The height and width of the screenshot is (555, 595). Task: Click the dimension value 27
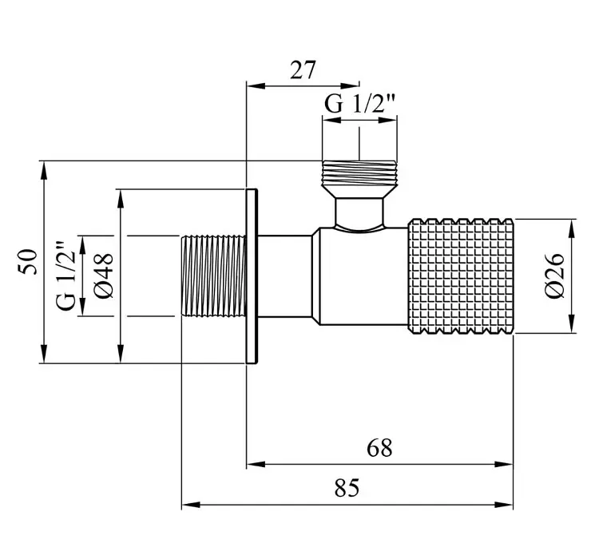tap(303, 70)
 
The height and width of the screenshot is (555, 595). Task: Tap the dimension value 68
tap(379, 448)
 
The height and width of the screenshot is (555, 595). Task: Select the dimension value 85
tap(347, 488)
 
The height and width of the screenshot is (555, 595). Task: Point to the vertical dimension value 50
tap(28, 262)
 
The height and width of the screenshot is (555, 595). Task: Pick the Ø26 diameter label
tap(554, 276)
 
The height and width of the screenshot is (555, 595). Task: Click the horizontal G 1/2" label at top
tap(360, 104)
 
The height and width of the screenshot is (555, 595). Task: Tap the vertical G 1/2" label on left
tap(66, 276)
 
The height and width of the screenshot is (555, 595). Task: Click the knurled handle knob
tap(461, 276)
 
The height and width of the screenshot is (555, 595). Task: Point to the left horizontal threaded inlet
tap(213, 276)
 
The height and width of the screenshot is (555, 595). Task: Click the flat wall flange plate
tap(252, 276)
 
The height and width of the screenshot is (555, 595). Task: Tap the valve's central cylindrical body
tap(363, 276)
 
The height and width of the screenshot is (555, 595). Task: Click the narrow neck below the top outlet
tap(359, 213)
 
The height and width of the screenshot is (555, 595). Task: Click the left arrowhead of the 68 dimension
tap(256, 464)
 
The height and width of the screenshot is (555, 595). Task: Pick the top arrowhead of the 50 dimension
tap(44, 170)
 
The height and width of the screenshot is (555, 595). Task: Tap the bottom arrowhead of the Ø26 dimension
tap(572, 324)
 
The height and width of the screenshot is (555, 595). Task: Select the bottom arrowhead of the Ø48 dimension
tap(121, 354)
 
